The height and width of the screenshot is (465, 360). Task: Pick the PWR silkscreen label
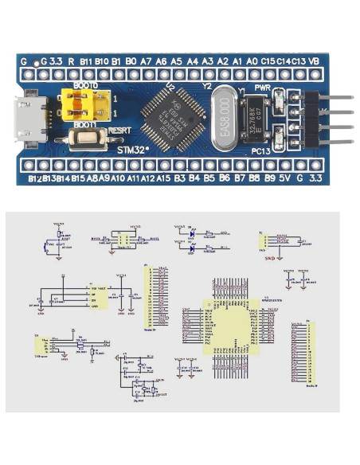(x=264, y=86)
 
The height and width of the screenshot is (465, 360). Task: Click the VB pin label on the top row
(x=315, y=61)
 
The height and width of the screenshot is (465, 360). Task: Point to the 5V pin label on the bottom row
(x=284, y=178)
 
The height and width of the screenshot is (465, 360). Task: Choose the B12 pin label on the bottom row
(x=36, y=178)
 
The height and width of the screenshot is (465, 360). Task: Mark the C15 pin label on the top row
(x=268, y=61)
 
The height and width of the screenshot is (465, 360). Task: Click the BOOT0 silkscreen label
(x=86, y=84)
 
